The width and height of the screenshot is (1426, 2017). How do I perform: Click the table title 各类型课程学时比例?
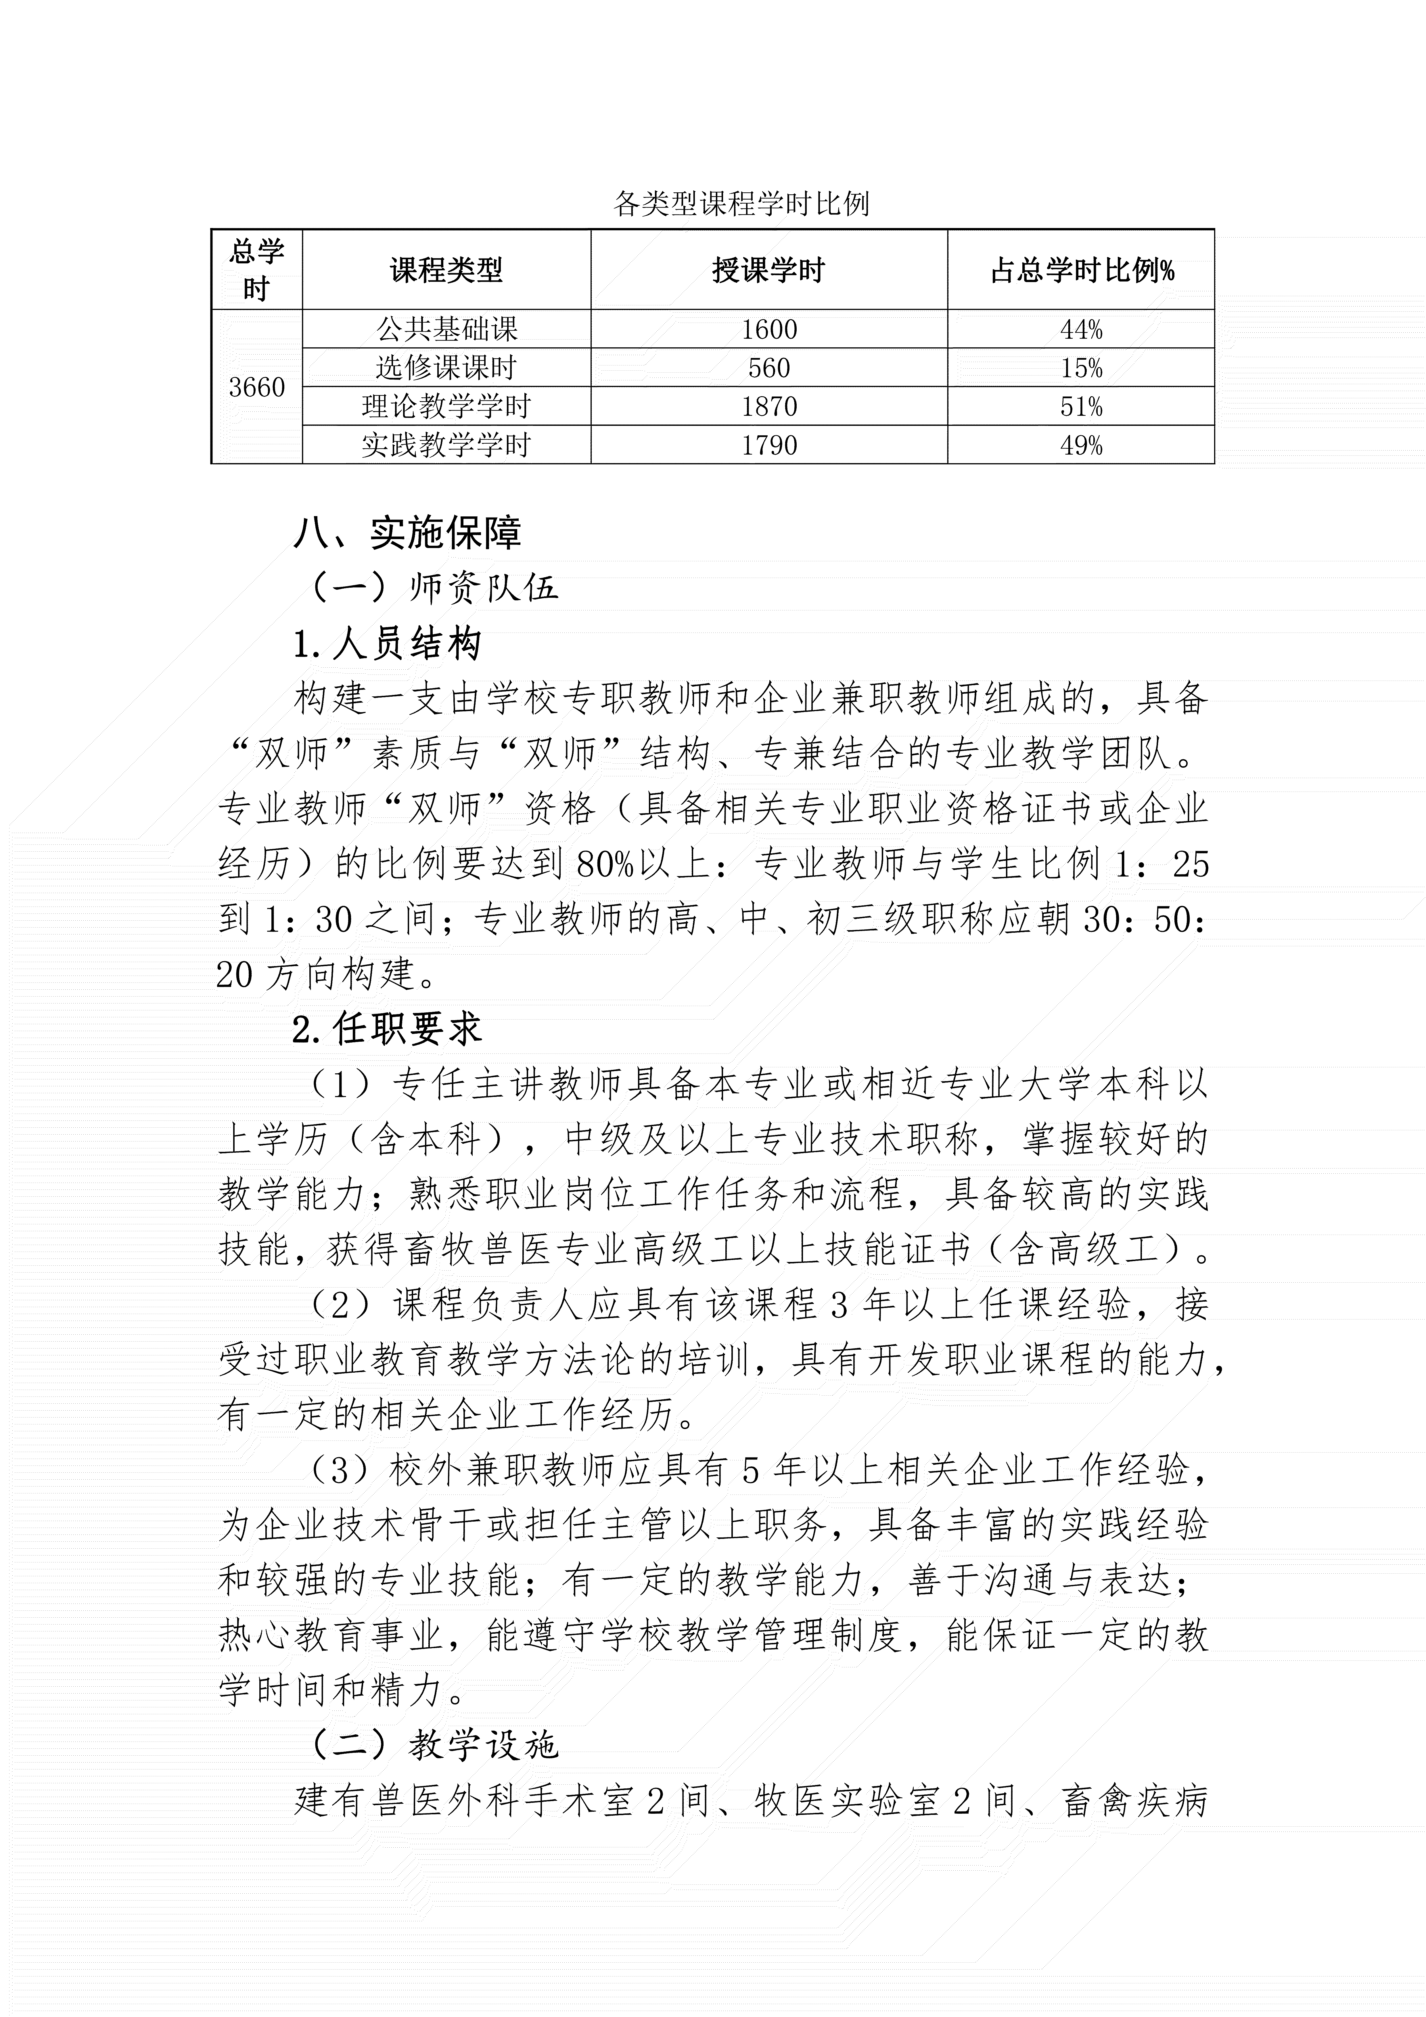pos(741,204)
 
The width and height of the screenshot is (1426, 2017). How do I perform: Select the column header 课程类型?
pos(446,270)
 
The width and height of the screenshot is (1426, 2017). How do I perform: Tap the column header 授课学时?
pos(769,270)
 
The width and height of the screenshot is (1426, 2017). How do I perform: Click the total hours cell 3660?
pos(256,386)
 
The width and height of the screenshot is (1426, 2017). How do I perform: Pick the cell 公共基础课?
pos(446,330)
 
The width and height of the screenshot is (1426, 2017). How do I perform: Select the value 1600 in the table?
pos(769,330)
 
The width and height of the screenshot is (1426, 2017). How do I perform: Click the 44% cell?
pos(1081,330)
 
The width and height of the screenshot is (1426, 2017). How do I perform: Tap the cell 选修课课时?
pos(446,367)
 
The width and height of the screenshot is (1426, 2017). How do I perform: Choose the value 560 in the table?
pos(769,367)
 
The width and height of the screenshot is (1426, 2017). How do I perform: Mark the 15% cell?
pos(1081,367)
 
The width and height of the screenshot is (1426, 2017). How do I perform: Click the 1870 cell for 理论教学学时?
pos(769,406)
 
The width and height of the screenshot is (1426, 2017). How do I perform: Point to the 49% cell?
pos(1081,445)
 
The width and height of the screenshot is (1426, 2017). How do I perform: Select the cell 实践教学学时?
pos(446,445)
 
